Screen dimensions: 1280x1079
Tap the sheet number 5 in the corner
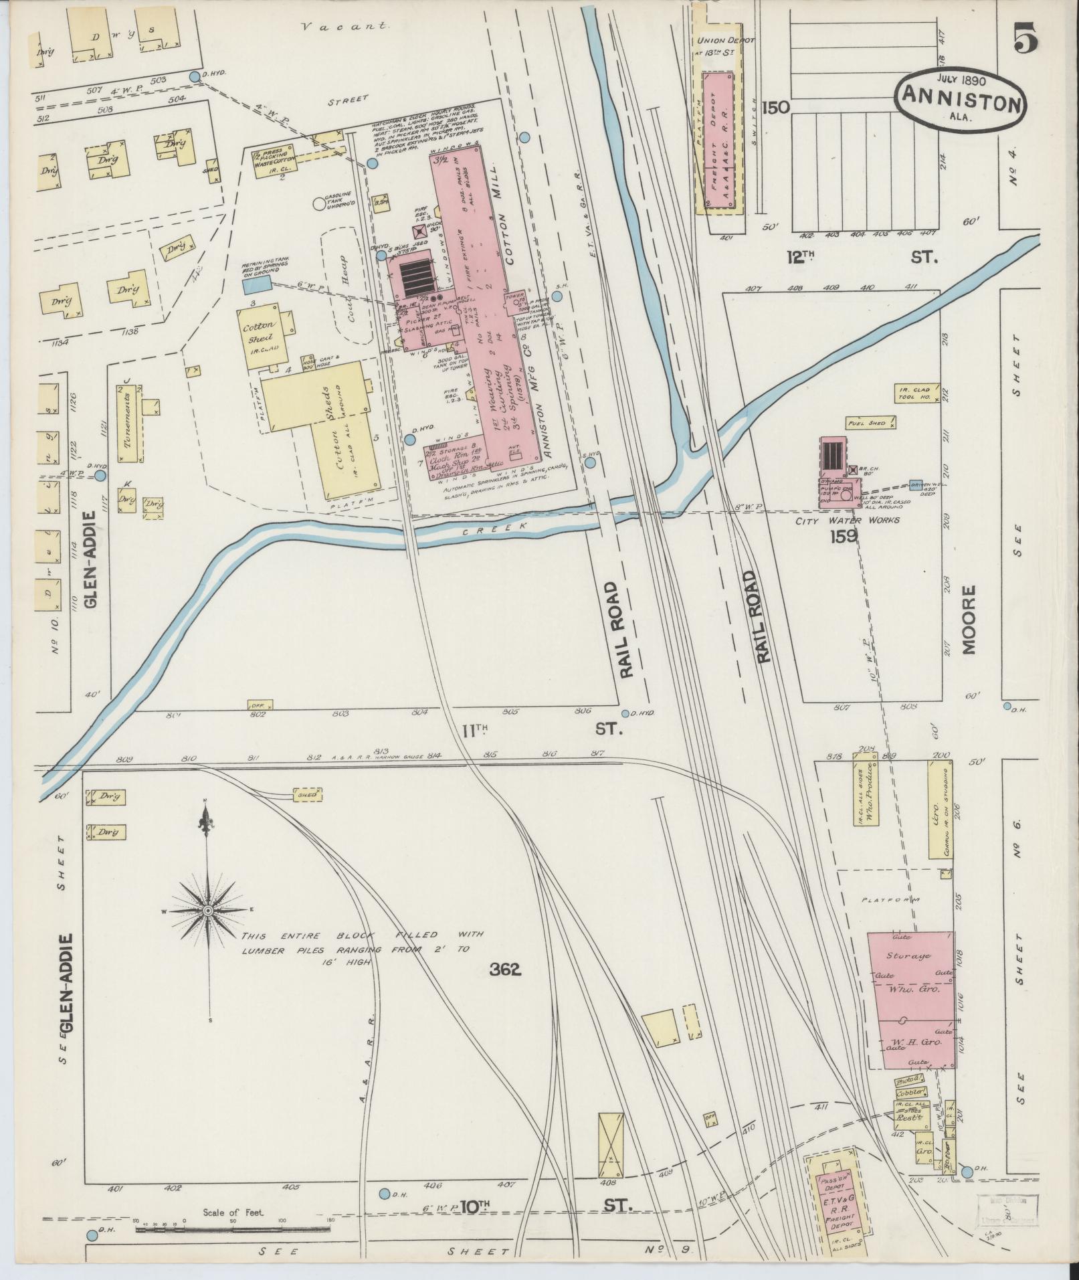pyautogui.click(x=1025, y=38)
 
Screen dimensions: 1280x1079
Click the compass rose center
pyautogui.click(x=208, y=911)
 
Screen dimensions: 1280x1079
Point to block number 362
pyautogui.click(x=504, y=970)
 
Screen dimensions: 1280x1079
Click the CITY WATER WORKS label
pyautogui.click(x=847, y=520)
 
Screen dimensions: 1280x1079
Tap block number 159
pyautogui.click(x=844, y=536)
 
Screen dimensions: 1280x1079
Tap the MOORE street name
pyautogui.click(x=969, y=620)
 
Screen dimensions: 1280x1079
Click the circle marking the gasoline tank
pyautogui.click(x=318, y=203)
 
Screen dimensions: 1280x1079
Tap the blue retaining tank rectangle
pyautogui.click(x=256, y=285)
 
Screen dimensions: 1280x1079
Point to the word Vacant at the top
pyautogui.click(x=345, y=27)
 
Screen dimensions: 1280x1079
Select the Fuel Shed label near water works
pyautogui.click(x=870, y=423)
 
